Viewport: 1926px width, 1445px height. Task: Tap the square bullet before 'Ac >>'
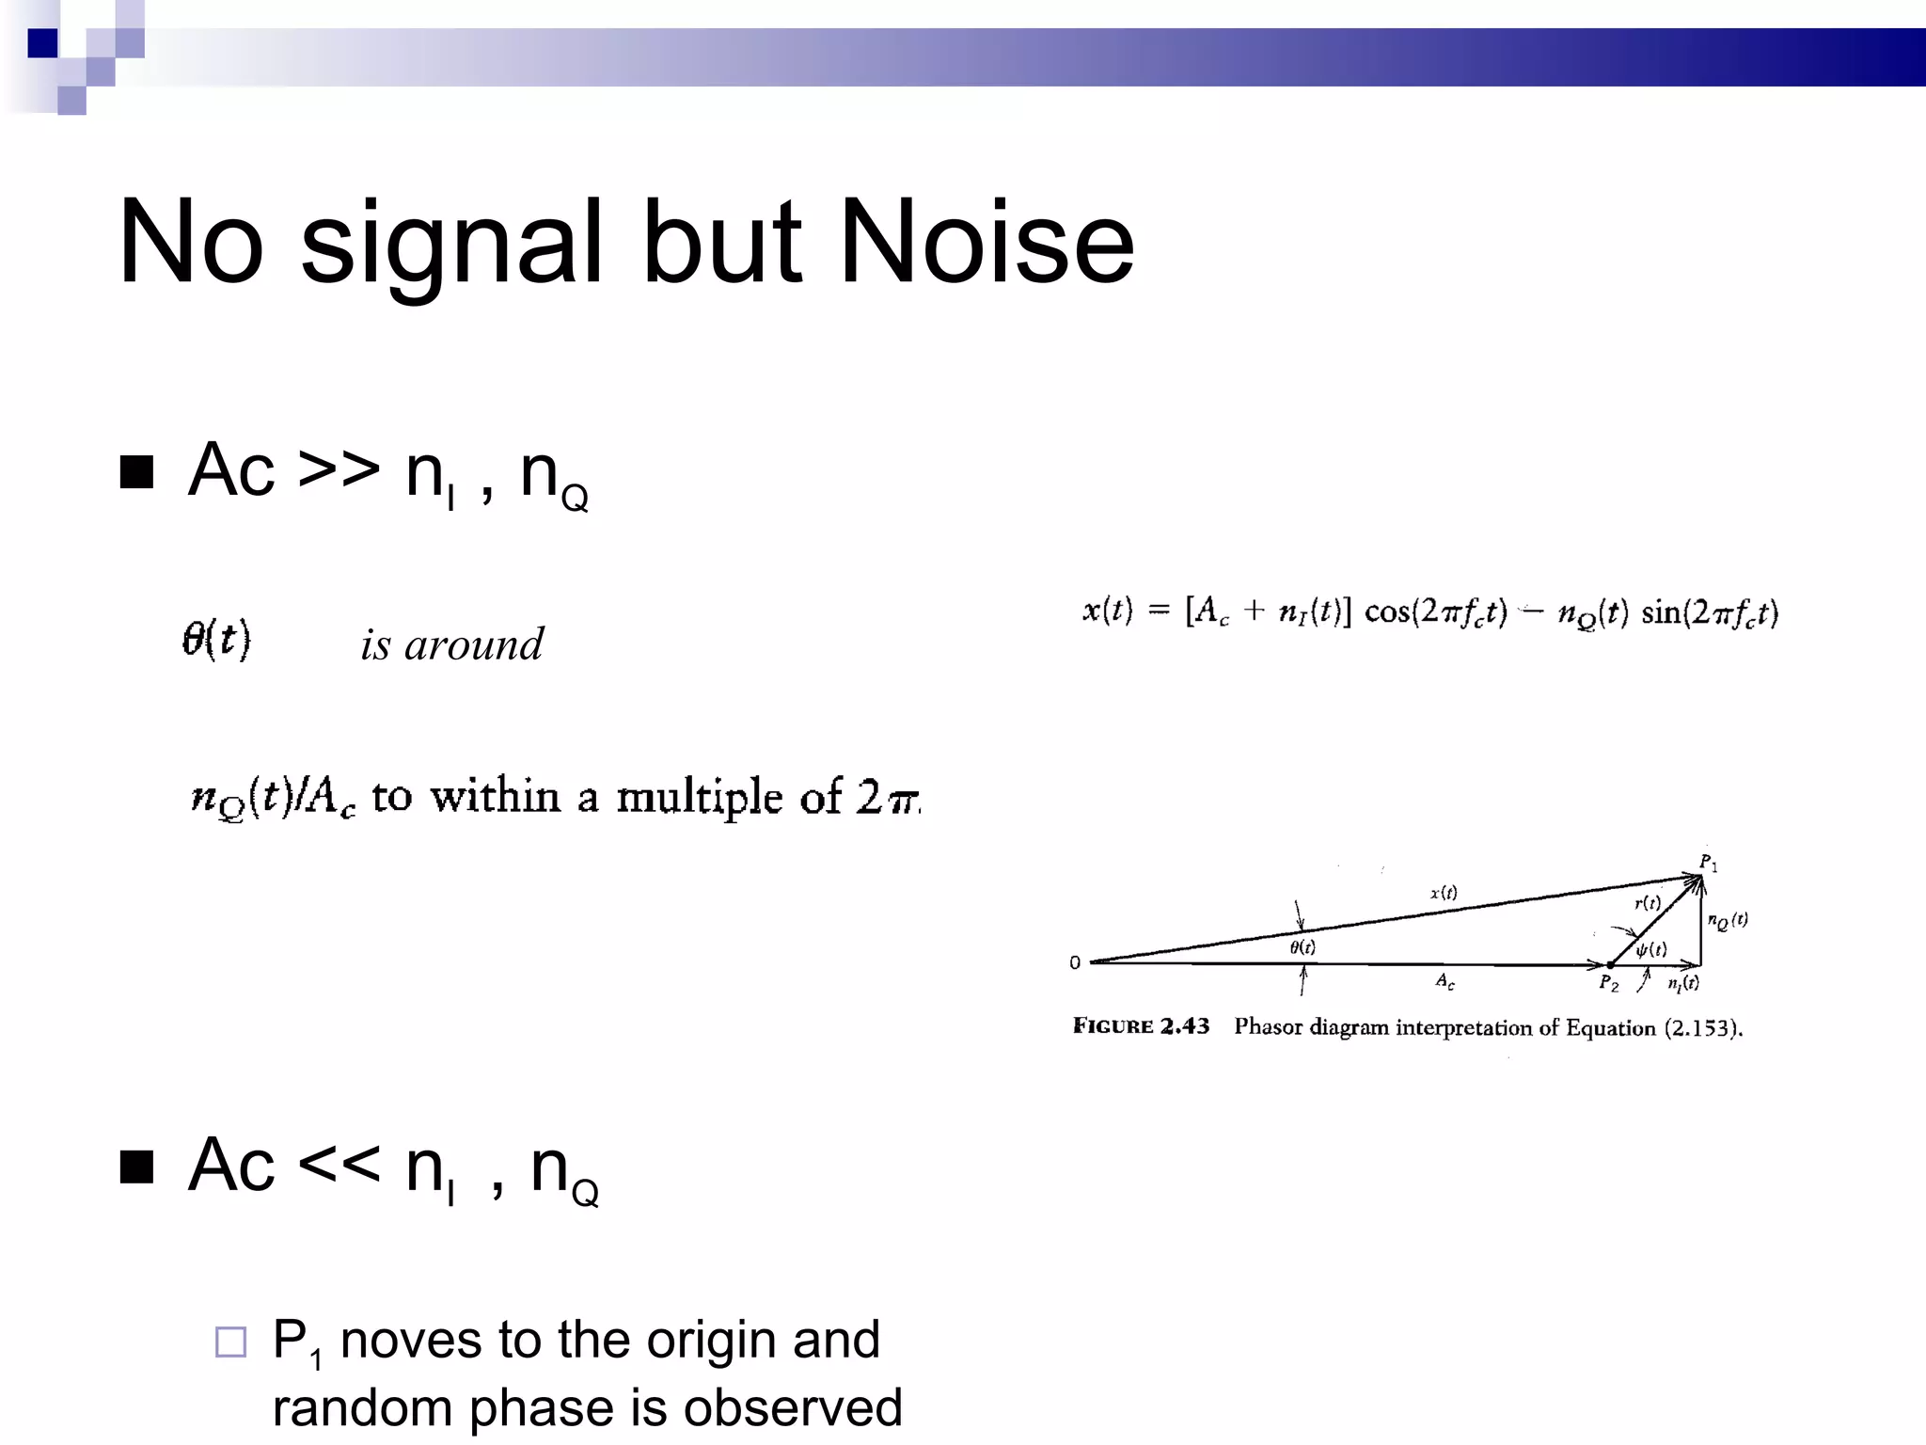coord(137,472)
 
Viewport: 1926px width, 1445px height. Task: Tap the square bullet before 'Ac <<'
coord(137,1167)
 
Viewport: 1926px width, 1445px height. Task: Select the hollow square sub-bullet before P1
coord(230,1342)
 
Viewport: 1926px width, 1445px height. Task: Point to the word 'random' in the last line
coord(363,1408)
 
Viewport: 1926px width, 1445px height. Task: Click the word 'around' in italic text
coord(473,645)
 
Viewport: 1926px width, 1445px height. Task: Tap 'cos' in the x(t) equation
coord(1386,612)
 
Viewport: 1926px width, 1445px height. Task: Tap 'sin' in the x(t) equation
coord(1661,613)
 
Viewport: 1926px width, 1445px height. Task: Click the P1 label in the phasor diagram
coord(1708,863)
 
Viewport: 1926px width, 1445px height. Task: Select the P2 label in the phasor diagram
coord(1609,984)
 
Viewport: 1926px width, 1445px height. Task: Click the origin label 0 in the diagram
coord(1075,962)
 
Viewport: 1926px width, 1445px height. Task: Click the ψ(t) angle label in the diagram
coord(1651,948)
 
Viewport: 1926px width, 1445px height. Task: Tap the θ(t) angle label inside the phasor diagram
coord(1302,947)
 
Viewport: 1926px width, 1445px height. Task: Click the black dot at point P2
coord(1610,964)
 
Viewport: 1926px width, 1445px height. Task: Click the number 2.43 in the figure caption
coord(1184,1026)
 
